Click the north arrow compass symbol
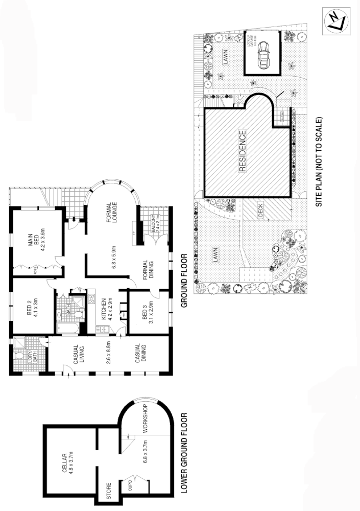(337, 20)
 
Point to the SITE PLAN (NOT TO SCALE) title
(320, 161)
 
